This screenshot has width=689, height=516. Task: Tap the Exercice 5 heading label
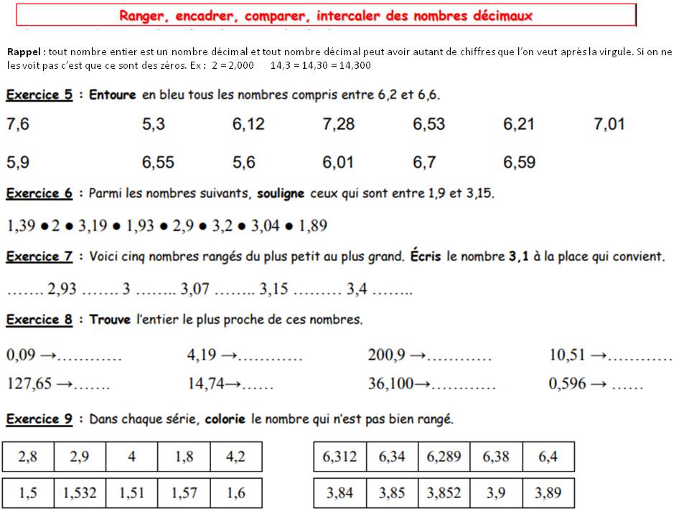click(x=39, y=95)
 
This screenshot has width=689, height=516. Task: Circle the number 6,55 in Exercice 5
click(x=158, y=163)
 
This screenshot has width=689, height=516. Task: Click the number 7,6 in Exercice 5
click(x=18, y=124)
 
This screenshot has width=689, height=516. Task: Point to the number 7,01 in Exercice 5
click(x=609, y=124)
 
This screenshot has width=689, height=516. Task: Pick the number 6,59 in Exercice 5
click(x=519, y=163)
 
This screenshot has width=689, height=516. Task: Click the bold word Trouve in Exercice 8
click(x=110, y=320)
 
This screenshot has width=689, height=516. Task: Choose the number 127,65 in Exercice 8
click(x=29, y=384)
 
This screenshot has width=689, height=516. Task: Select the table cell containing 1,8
click(x=184, y=457)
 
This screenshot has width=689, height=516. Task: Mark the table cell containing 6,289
click(x=444, y=457)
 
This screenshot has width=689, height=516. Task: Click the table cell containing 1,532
click(x=80, y=493)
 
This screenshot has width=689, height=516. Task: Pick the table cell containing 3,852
click(x=444, y=493)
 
